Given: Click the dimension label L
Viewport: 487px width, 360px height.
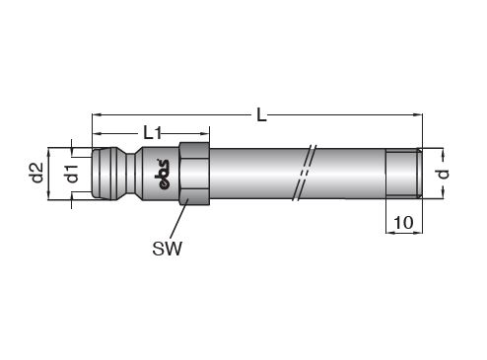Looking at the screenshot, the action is coord(261,115).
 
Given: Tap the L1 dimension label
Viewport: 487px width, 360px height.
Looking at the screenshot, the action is coord(153,133).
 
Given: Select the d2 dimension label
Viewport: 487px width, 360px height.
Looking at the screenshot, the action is coord(36,173).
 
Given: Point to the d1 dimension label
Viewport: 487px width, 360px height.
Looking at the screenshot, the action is coord(72,174).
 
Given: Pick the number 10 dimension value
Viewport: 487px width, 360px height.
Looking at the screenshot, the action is coord(403,223).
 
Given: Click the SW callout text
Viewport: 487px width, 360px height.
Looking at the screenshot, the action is coord(167,249).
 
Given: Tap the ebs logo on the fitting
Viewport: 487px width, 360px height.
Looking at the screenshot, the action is coord(162,175).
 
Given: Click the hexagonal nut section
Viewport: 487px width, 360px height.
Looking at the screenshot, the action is coord(194,174).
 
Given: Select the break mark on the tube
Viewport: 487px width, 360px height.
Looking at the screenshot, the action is coord(305,173).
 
